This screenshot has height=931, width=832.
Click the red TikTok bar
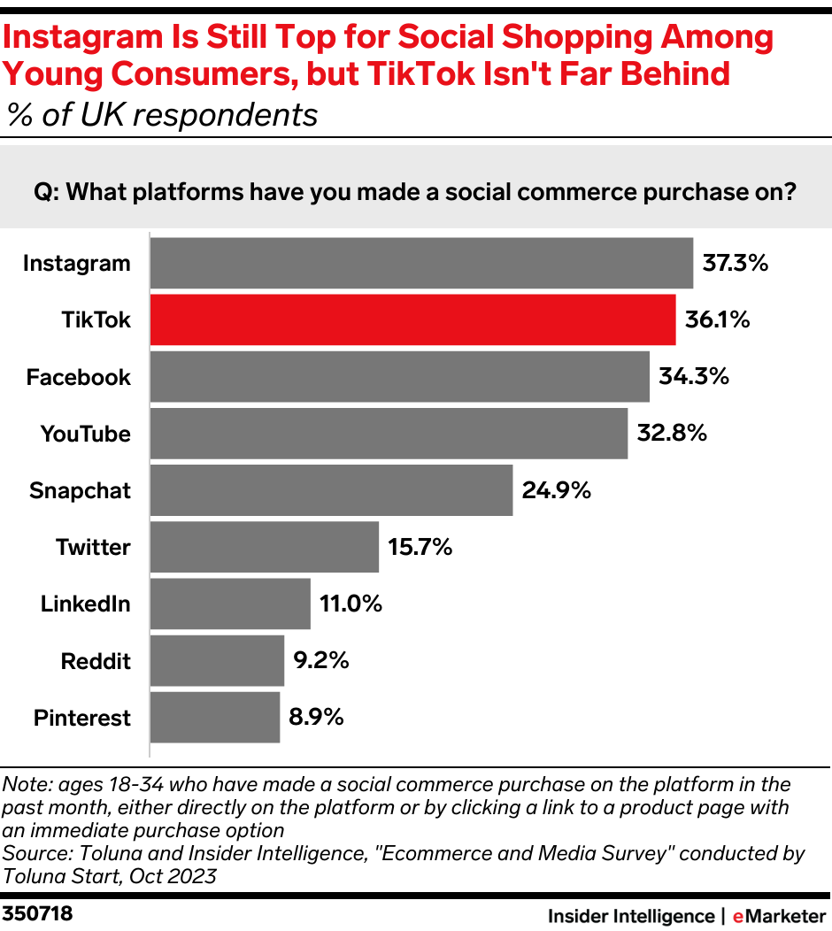pos(412,319)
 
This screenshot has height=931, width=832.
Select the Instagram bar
pos(421,263)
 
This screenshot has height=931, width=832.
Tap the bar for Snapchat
pos(331,490)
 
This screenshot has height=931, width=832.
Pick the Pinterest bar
pos(215,717)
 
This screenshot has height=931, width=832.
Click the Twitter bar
pos(265,547)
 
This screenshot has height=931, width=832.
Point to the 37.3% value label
pos(735,263)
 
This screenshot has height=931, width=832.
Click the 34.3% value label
pos(694,376)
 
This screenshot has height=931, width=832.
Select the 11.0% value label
pos(347,604)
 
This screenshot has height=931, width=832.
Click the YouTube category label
pos(85,434)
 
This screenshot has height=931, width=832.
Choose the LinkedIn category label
pos(85,604)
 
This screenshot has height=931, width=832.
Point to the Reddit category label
pos(96,660)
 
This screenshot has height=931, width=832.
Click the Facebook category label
pos(78,377)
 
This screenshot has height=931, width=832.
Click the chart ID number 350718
pos(38,913)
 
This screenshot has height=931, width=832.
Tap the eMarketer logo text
pos(779,915)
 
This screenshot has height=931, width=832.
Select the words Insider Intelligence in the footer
pos(630,915)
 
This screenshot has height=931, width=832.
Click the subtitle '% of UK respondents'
pos(162,115)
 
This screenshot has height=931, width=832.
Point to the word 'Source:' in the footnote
pos(36,854)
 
